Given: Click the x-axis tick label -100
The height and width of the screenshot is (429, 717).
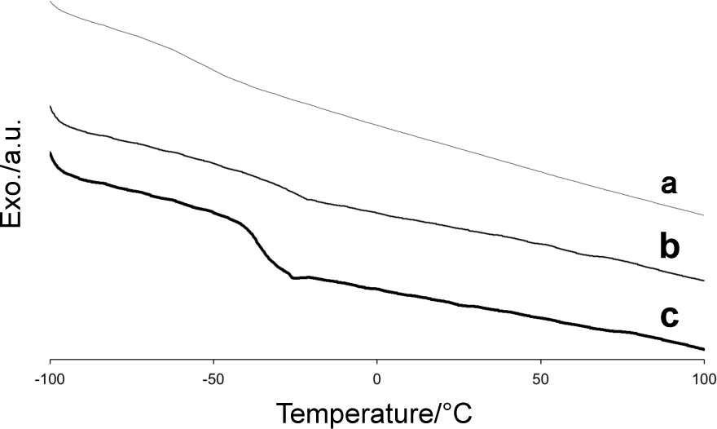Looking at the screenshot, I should pos(51,378).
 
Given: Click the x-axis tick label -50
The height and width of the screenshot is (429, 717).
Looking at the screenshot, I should pos(213,378).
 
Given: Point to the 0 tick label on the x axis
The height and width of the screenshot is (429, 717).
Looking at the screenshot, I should pos(376,378).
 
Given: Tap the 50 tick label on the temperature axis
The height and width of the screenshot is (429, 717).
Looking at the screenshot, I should pos(539,378).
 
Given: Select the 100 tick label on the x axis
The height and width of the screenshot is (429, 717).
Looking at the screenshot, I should pos(702,378).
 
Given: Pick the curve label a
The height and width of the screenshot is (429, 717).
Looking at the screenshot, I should pos(669,184).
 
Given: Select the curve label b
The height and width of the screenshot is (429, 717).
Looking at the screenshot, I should pos(669,245).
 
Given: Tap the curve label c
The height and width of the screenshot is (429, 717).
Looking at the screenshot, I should pos(669,316).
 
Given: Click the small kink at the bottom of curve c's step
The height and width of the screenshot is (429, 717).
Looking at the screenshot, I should pos(293,278).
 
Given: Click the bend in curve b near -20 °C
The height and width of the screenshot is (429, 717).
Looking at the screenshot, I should pos(307,199).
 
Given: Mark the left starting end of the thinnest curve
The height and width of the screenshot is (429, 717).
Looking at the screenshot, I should pos(51,3).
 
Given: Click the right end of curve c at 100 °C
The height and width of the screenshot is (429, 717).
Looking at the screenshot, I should pos(703,349).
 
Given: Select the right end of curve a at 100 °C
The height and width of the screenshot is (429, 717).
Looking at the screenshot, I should pos(703,215).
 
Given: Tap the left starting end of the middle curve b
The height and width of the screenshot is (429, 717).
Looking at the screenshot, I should pos(51,106).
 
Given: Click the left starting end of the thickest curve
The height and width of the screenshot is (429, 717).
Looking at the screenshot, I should pos(51,153).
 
